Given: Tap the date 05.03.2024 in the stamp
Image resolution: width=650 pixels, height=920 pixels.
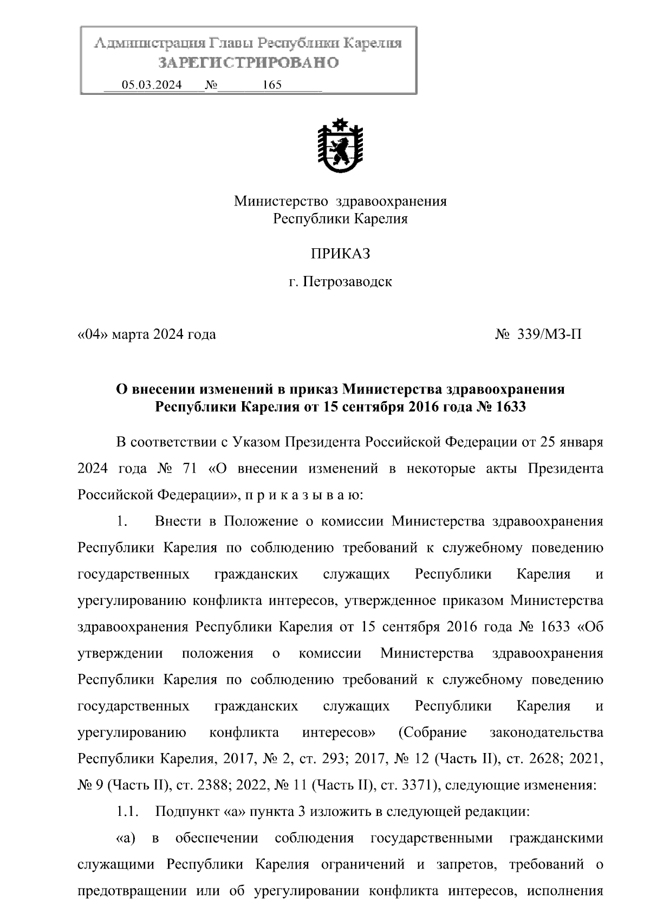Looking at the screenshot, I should [152, 85].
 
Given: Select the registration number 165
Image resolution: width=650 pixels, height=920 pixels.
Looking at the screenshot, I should [271, 85].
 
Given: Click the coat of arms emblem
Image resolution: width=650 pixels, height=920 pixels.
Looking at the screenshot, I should [340, 146].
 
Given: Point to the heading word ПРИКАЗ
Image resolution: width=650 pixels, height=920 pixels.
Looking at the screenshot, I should [340, 253].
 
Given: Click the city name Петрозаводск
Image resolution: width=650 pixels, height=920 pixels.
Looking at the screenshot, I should [347, 282].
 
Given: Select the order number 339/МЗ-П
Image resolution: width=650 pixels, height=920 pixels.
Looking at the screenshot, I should [548, 334].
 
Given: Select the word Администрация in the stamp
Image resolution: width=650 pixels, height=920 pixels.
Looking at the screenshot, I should [146, 43].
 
